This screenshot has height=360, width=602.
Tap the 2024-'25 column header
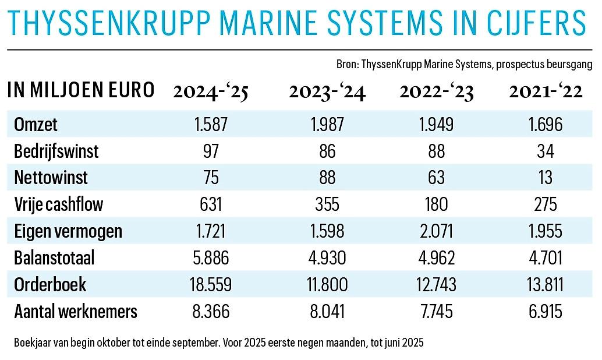[211, 92]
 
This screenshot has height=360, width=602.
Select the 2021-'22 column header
[546, 92]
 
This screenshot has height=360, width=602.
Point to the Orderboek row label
[50, 285]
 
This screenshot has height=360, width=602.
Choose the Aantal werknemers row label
[76, 312]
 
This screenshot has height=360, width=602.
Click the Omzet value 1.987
[327, 124]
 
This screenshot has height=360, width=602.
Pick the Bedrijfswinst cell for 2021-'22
[546, 151]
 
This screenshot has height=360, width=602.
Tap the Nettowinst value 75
[211, 178]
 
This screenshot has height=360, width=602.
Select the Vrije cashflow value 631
[211, 204]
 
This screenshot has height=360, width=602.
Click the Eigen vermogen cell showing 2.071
[435, 231]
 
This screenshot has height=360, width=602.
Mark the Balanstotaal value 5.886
[211, 258]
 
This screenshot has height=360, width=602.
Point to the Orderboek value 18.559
[211, 285]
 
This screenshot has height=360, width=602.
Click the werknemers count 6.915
[546, 312]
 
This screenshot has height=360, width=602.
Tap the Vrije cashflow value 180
[435, 204]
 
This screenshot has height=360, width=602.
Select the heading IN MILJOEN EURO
[82, 91]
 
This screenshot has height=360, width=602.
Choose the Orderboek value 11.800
[327, 285]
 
